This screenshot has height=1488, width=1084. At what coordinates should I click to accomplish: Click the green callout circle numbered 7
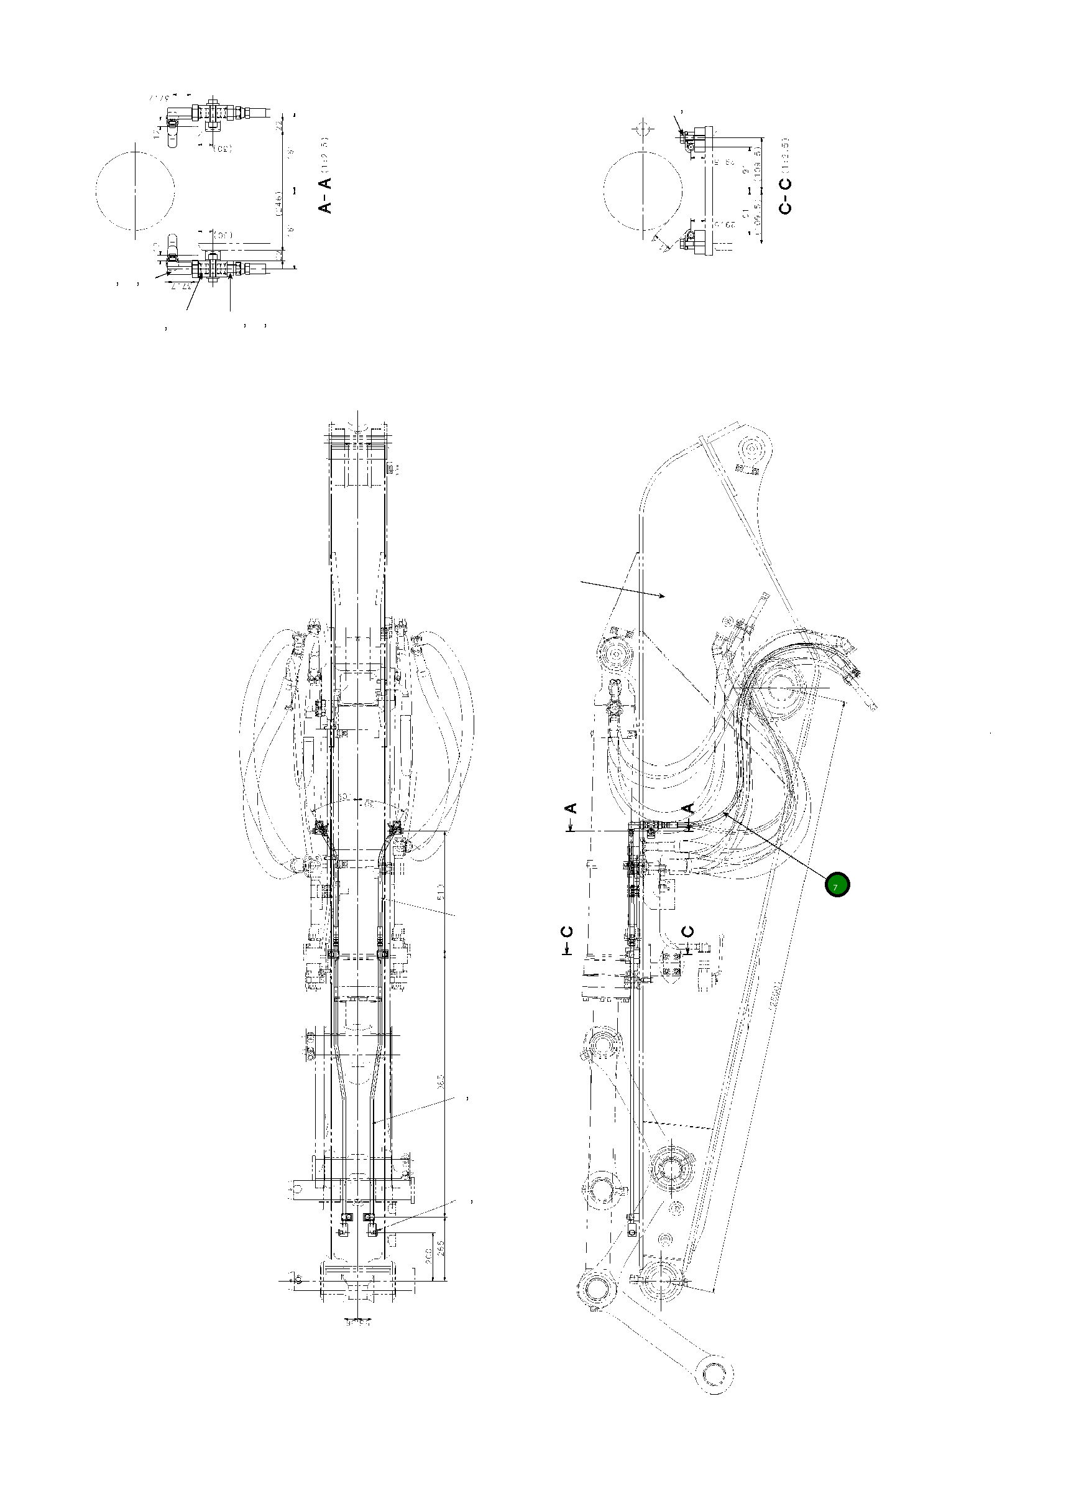point(838,885)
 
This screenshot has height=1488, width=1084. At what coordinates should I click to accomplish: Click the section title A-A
point(326,194)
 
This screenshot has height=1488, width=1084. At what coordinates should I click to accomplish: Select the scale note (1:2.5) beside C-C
point(786,157)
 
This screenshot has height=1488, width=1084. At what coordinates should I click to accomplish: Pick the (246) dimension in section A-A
point(280,204)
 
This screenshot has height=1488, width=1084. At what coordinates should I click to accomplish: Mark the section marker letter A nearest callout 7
point(687,808)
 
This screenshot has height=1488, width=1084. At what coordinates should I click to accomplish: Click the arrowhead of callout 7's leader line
point(723,812)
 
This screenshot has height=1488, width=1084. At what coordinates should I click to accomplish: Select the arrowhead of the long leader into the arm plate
point(665,596)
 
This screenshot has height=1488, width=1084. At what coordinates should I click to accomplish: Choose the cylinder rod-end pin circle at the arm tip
point(753,451)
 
